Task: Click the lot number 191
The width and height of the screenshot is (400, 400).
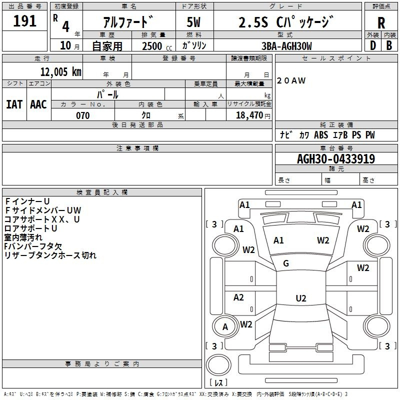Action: [x=25, y=21]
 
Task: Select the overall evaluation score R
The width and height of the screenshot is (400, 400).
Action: [x=381, y=22]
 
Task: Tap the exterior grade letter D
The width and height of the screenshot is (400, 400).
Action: [x=372, y=45]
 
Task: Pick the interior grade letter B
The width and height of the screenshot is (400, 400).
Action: [x=389, y=45]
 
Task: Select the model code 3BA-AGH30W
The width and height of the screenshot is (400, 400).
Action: [x=286, y=46]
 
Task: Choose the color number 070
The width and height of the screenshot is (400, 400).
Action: [x=82, y=115]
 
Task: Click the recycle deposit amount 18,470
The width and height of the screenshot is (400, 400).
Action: [x=250, y=115]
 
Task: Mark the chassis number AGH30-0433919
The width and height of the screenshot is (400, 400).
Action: [x=336, y=159]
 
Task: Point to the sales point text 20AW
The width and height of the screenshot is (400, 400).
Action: [x=291, y=80]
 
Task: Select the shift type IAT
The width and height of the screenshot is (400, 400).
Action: [x=14, y=104]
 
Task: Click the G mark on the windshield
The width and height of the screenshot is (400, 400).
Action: [x=286, y=263]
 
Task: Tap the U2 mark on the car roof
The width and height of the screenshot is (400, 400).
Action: [x=300, y=298]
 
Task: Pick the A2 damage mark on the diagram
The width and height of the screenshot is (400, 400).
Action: [x=239, y=297]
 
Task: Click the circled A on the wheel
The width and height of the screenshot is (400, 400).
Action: [x=225, y=327]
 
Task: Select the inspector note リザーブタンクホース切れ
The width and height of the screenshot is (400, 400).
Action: [x=50, y=255]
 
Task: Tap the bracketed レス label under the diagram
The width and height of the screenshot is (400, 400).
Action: [x=218, y=383]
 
